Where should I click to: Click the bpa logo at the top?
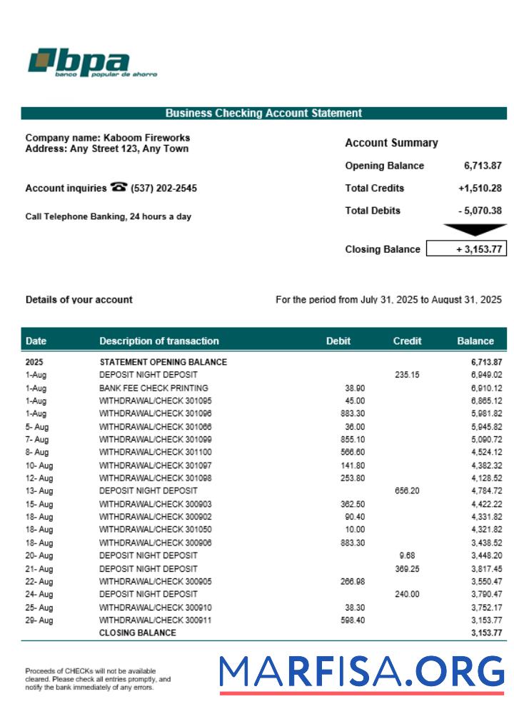91,63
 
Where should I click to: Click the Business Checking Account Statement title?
263,113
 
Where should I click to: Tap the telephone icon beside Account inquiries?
119,188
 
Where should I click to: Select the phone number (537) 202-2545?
164,188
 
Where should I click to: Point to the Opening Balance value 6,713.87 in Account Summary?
483,166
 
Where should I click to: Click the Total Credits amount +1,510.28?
480,188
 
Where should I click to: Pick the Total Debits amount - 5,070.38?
480,211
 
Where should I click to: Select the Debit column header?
338,341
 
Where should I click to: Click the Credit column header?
407,341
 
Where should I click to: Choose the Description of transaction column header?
159,341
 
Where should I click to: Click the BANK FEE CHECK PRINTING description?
148,388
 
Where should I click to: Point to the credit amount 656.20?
406,491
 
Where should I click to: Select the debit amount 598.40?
353,620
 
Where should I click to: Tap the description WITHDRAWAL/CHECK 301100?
155,452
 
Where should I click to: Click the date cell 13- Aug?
39,491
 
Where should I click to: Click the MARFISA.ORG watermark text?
361,673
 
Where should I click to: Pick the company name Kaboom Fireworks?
146,137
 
